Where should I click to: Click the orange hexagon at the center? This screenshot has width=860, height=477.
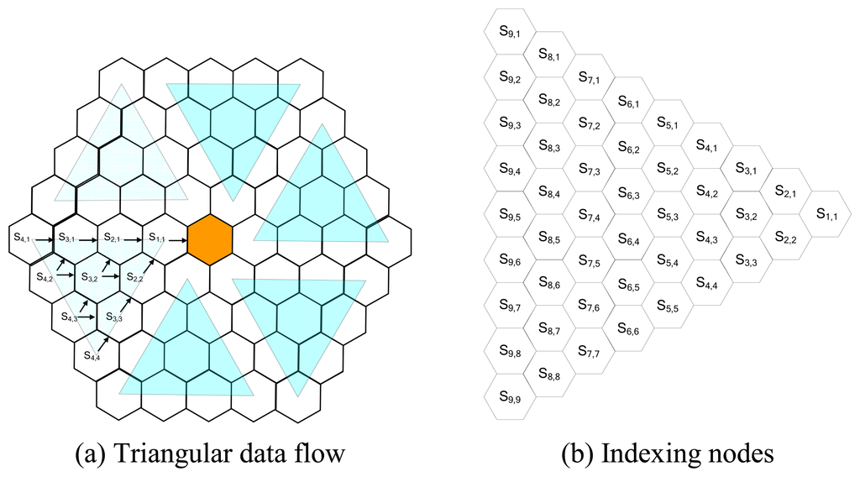tap(209, 240)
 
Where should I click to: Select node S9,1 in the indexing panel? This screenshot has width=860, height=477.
tap(510, 33)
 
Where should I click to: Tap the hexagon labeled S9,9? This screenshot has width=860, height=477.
tap(510, 397)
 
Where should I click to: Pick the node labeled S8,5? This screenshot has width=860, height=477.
tap(549, 238)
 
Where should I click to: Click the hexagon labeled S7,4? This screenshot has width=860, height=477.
tap(589, 216)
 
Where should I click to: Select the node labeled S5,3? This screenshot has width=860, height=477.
tap(669, 216)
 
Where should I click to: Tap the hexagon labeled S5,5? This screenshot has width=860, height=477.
tap(669, 307)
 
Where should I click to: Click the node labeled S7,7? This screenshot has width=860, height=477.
tap(589, 353)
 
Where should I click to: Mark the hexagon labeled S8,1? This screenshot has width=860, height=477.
tap(549, 56)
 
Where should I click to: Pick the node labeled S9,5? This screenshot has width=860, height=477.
tap(510, 216)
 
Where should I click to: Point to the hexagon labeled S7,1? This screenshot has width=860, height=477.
tap(589, 79)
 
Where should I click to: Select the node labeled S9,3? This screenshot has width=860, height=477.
tap(510, 124)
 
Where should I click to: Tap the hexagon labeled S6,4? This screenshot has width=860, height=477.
tap(629, 238)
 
